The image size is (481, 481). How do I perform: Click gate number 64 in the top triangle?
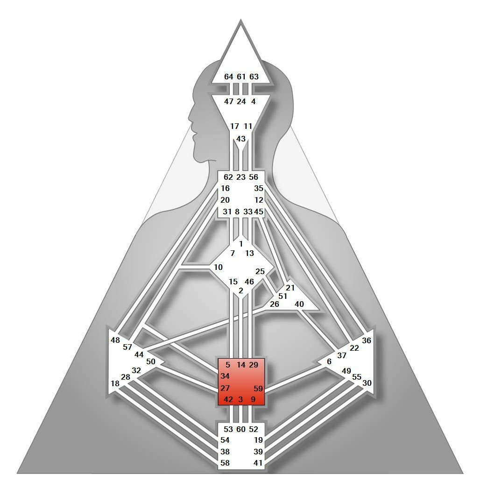click(x=228, y=77)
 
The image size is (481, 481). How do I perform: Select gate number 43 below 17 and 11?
click(x=241, y=139)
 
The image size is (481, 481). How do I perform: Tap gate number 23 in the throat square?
click(x=241, y=177)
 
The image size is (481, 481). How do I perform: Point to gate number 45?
click(x=259, y=212)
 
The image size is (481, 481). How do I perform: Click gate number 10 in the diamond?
click(x=218, y=267)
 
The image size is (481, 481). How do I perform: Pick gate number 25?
click(x=260, y=271)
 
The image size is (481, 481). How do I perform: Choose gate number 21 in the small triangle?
click(x=290, y=288)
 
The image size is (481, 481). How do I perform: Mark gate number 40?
click(x=299, y=304)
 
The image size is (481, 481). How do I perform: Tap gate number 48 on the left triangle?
click(x=115, y=340)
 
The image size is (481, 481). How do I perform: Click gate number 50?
click(x=150, y=361)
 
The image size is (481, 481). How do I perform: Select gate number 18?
click(x=115, y=383)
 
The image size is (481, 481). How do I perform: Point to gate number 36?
click(x=367, y=340)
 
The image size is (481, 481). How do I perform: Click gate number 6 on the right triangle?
click(x=329, y=361)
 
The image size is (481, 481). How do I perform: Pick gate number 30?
click(x=367, y=383)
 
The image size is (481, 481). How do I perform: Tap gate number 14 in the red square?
click(x=241, y=365)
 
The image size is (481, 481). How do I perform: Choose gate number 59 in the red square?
click(x=258, y=388)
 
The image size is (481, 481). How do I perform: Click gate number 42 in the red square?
click(x=228, y=399)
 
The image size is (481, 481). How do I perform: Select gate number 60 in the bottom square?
click(x=241, y=429)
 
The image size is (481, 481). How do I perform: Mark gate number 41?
click(x=258, y=463)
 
